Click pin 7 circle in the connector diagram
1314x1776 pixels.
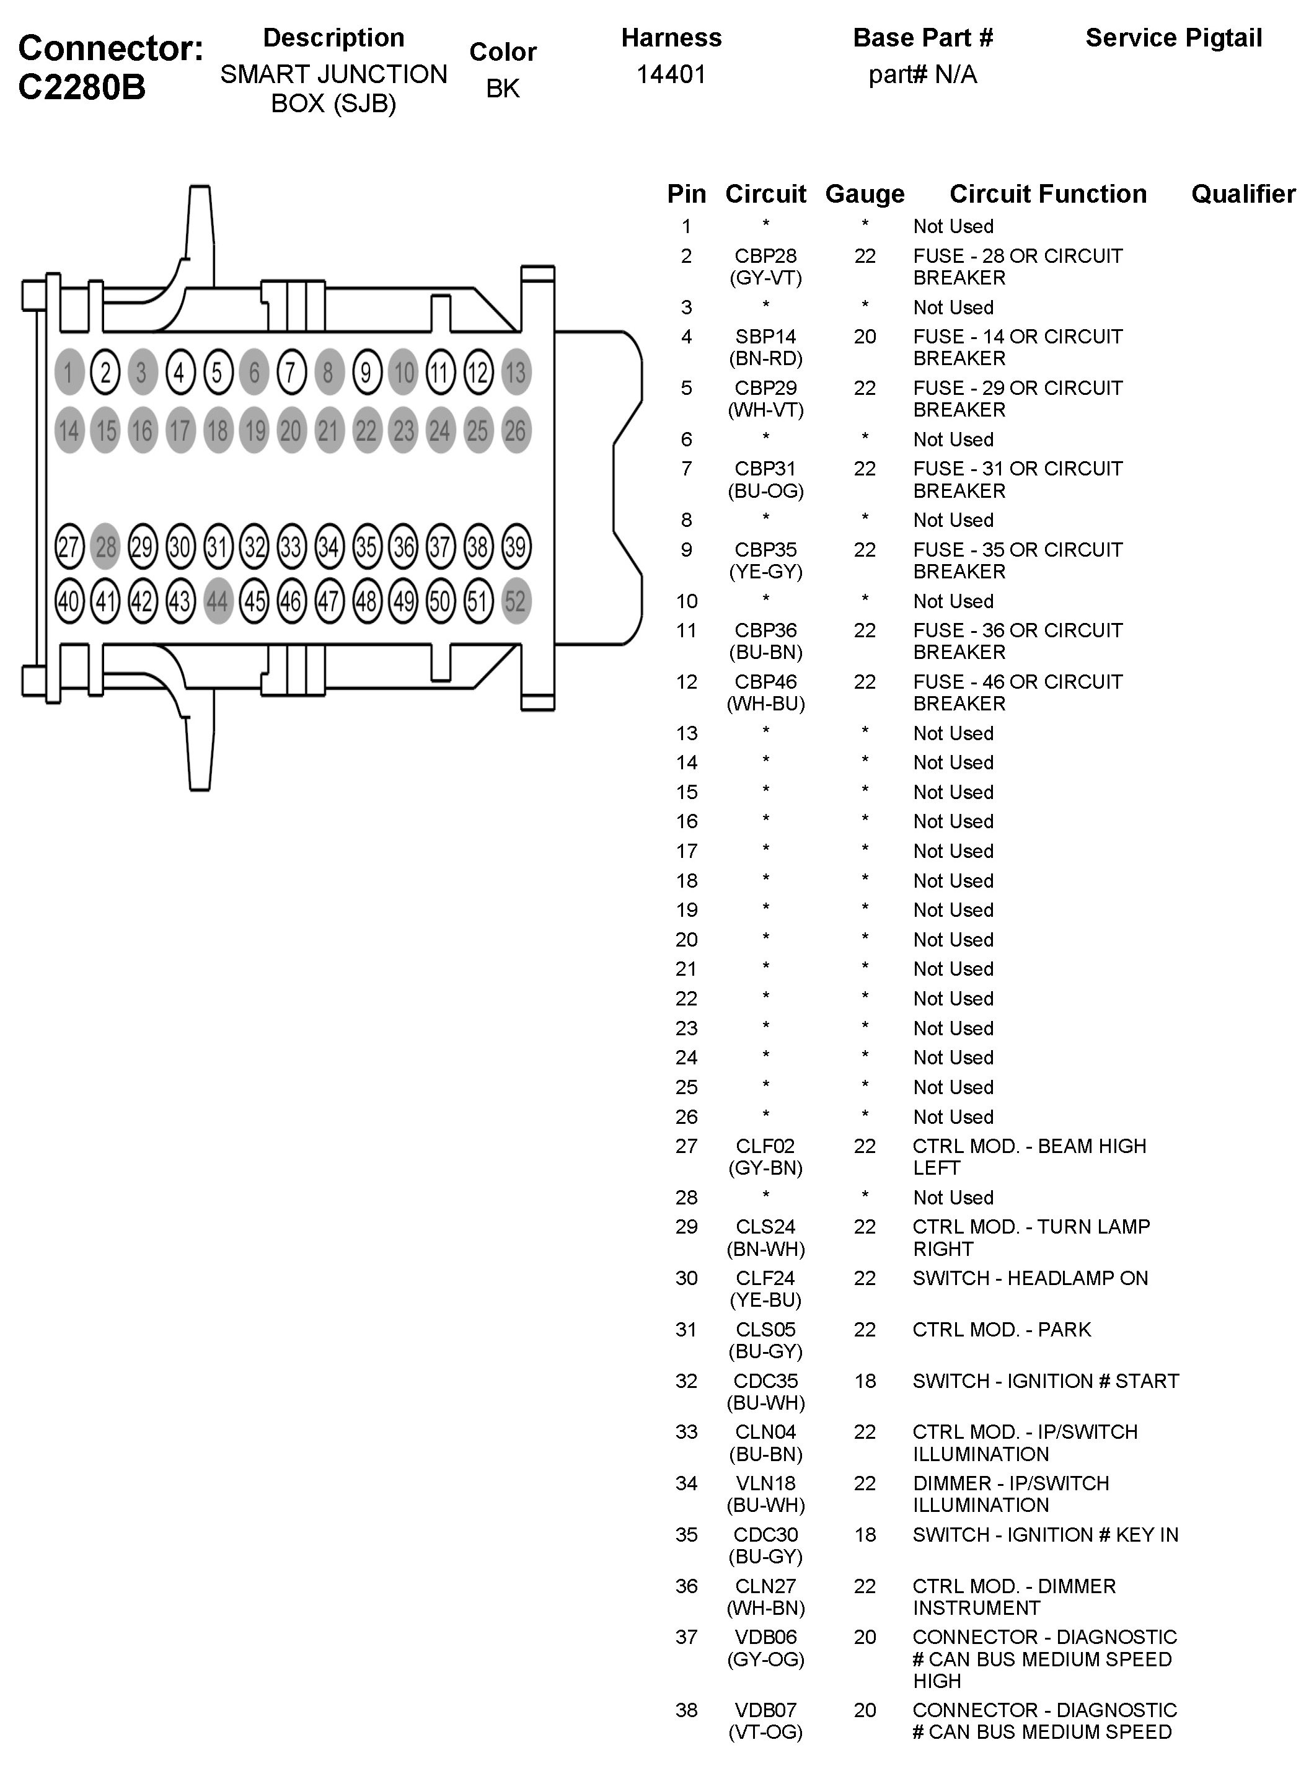[x=291, y=372]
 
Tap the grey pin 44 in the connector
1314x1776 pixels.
[x=217, y=601]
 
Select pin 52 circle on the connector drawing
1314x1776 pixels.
[x=516, y=601]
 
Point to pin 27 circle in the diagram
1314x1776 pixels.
[x=69, y=547]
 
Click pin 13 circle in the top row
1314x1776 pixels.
[x=516, y=372]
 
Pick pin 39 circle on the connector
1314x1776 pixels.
[x=516, y=547]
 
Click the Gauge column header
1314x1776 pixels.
[x=865, y=194]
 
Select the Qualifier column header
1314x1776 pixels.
[x=1243, y=194]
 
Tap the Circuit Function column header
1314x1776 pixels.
[x=1047, y=194]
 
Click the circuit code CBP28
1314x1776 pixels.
[x=765, y=256]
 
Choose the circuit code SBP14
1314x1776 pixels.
[x=765, y=337]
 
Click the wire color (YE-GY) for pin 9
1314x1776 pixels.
[x=765, y=571]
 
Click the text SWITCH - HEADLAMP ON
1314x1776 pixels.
[x=1030, y=1278]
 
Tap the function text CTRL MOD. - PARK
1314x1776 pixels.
[x=1002, y=1329]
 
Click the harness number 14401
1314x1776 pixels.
[x=671, y=75]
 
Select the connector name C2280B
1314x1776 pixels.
[x=81, y=87]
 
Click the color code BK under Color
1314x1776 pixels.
[x=503, y=88]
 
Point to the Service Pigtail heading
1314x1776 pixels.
[x=1173, y=38]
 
